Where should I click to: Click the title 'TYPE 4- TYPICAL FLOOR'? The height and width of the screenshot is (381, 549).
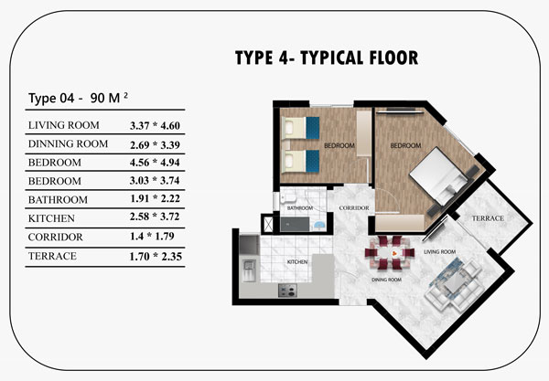click(327, 58)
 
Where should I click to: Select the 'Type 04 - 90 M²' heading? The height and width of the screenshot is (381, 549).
click(78, 98)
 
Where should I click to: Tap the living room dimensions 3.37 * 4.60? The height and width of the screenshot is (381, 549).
click(155, 125)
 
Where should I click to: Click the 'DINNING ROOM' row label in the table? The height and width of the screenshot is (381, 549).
click(68, 144)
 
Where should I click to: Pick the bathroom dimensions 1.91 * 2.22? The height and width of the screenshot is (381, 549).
click(155, 198)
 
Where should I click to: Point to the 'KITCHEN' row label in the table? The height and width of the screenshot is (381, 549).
click(51, 218)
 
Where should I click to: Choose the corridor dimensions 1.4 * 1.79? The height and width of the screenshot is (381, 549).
click(152, 237)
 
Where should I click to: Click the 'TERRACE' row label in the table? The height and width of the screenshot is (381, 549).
click(52, 256)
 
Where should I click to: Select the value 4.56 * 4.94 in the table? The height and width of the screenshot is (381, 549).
click(155, 163)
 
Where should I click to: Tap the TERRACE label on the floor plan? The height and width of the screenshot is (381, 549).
click(488, 218)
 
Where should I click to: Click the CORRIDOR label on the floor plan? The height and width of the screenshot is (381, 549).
click(354, 208)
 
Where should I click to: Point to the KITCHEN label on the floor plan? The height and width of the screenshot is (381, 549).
click(297, 262)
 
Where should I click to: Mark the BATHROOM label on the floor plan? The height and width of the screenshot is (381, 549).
click(300, 208)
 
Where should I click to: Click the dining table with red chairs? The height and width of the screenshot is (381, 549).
click(390, 252)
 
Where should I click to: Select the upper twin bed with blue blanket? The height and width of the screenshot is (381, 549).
click(301, 128)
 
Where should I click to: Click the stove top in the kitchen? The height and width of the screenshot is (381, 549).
click(287, 291)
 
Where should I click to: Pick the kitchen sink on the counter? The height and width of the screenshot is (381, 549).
click(249, 270)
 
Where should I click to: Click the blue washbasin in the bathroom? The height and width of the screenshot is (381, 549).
click(319, 226)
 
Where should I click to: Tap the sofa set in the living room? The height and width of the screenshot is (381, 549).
click(453, 284)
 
